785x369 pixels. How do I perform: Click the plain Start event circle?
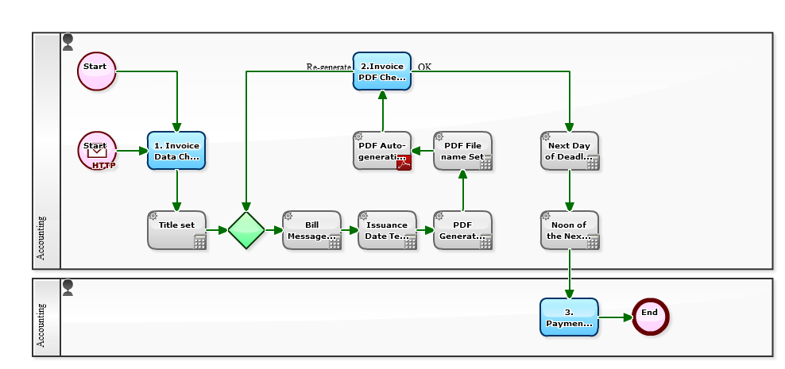(97, 71)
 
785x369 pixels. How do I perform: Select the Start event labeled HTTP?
(97, 150)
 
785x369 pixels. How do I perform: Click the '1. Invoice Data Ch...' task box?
(176, 151)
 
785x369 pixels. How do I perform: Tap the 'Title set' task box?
(176, 230)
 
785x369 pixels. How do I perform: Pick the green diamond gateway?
(246, 230)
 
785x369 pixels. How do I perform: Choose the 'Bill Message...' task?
(311, 230)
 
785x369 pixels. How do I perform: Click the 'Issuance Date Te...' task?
(387, 230)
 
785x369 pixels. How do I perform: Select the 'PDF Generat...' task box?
(462, 230)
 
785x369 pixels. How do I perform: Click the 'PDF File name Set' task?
(462, 151)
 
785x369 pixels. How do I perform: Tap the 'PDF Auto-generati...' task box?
(382, 151)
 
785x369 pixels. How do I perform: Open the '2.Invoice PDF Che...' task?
(382, 71)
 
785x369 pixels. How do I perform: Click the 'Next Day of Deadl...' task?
(569, 151)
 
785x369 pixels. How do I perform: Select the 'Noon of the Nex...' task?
(569, 230)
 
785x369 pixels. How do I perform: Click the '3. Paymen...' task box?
(569, 317)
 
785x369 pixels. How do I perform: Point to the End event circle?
(650, 317)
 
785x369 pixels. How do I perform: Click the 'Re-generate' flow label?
(328, 67)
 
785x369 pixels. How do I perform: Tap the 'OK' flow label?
(424, 67)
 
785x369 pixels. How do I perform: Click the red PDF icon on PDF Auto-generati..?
(404, 163)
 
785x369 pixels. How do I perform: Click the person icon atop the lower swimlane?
(68, 286)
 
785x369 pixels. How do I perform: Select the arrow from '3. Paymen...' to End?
(614, 317)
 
